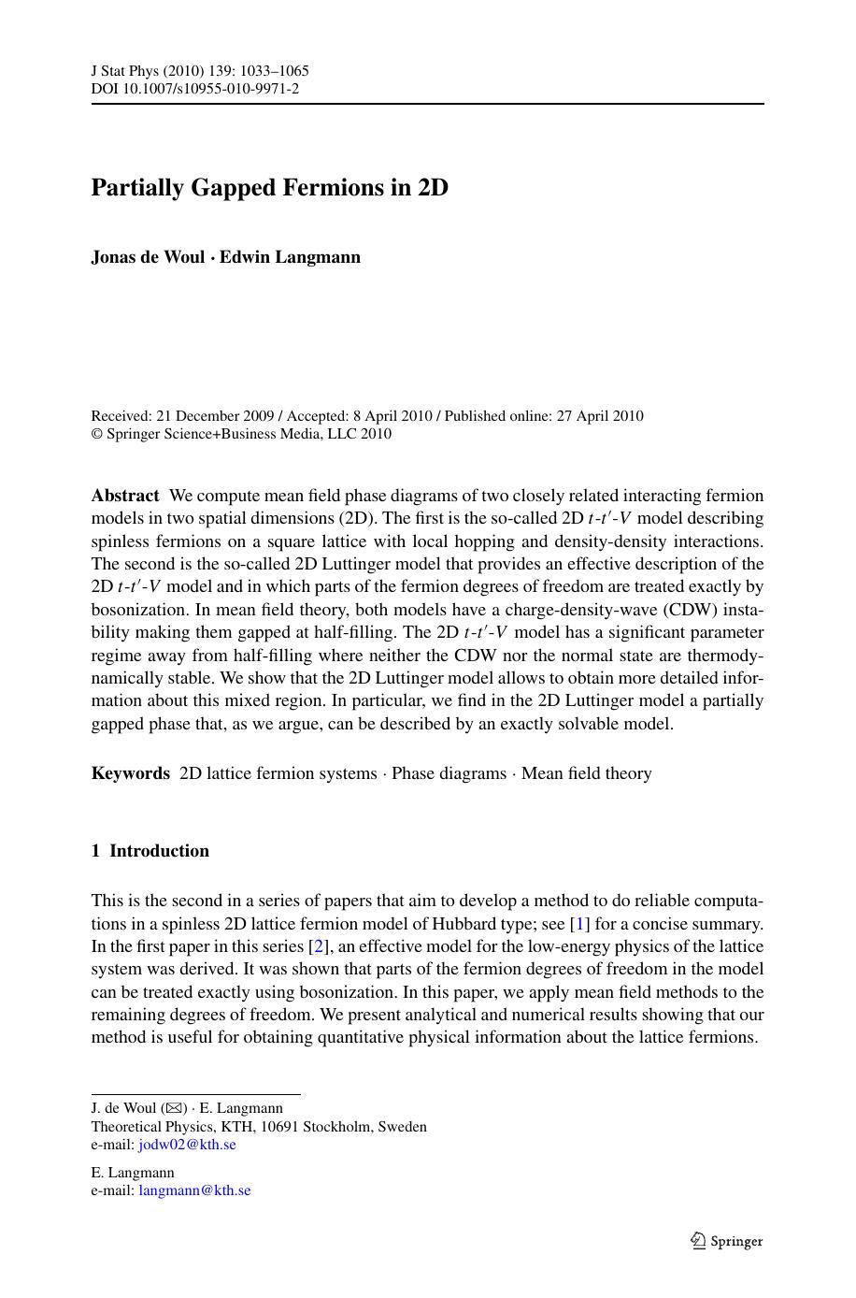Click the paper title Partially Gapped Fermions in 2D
click(x=269, y=188)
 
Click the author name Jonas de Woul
click(x=148, y=257)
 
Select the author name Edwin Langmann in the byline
click(x=290, y=257)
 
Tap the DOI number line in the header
click(x=194, y=89)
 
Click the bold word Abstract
click(x=125, y=496)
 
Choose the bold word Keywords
click(x=131, y=773)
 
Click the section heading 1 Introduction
click(x=150, y=851)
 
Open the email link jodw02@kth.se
click(x=187, y=1145)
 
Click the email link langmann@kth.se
click(x=194, y=1190)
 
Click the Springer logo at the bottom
click(x=726, y=1241)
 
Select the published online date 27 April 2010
click(x=600, y=416)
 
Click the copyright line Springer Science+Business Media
click(x=240, y=434)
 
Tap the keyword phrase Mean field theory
click(x=586, y=773)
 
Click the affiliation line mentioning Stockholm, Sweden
click(x=259, y=1127)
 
